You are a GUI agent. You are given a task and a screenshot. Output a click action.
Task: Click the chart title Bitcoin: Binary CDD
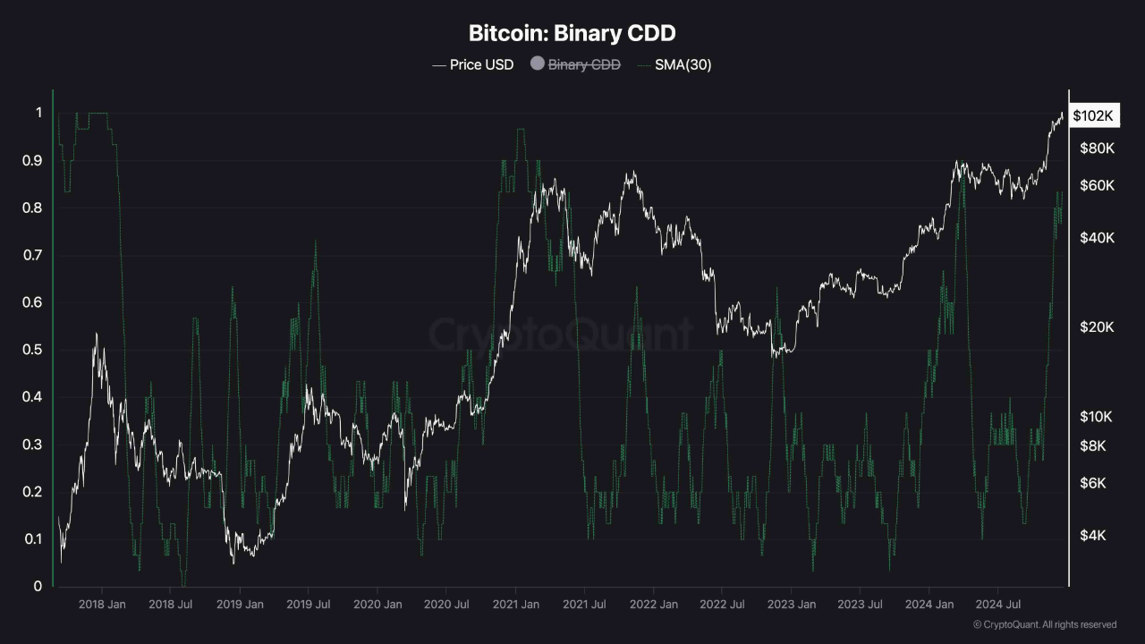pos(572,34)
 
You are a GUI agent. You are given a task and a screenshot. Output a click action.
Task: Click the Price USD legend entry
pos(473,64)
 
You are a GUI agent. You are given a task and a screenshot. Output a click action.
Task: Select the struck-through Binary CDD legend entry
pos(583,64)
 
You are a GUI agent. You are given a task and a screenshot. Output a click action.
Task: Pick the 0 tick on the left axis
pos(38,587)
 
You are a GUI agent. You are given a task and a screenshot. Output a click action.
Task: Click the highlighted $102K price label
pos(1093,116)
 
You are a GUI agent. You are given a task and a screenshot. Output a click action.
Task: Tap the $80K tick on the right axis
pos(1097,148)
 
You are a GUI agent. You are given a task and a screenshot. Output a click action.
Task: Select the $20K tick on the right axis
pos(1097,327)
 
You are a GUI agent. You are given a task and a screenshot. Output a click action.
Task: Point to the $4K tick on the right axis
pos(1093,536)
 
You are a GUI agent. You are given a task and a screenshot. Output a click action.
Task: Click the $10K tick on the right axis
pos(1097,417)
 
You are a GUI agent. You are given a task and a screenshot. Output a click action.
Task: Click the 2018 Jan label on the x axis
pos(103,605)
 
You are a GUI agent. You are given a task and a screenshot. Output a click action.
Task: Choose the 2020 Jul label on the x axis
pos(446,605)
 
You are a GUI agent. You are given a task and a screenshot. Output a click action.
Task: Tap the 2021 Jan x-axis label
pos(515,605)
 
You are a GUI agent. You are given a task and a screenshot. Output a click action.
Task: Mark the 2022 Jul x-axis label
pos(722,605)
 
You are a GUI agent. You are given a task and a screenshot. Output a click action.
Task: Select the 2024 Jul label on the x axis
pos(997,605)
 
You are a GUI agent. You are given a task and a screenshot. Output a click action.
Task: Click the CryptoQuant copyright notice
pos(1045,624)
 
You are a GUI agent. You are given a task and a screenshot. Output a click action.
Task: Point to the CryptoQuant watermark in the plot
pos(561,335)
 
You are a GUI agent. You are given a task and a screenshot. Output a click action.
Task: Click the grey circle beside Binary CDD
pos(538,64)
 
